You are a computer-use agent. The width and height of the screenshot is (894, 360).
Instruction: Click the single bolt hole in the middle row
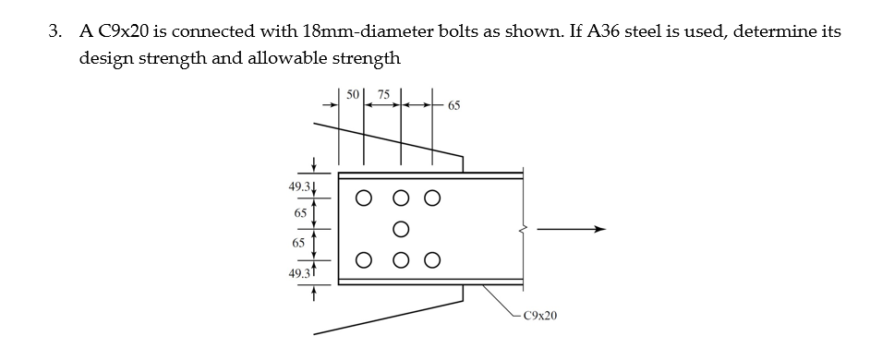(401, 228)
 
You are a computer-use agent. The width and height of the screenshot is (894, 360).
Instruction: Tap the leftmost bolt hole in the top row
(365, 198)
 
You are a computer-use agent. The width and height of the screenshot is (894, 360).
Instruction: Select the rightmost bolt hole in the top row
(431, 198)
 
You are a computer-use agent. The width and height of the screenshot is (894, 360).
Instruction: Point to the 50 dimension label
(353, 94)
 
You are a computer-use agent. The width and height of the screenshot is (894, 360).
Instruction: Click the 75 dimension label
(383, 94)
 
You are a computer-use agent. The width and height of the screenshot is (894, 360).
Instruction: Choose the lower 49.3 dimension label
(299, 273)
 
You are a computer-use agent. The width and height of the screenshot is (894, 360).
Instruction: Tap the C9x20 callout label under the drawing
(539, 317)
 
